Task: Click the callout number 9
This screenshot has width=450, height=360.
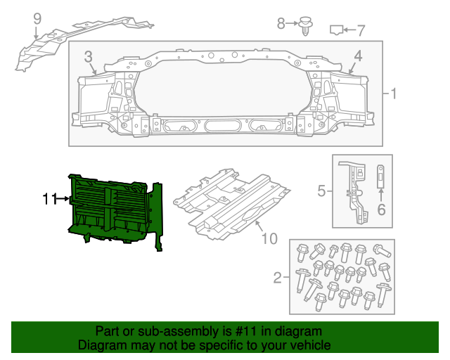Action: [37, 18]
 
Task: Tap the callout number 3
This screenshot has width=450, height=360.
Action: [89, 56]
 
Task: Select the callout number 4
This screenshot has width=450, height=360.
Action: [358, 56]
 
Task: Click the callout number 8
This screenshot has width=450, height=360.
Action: [281, 24]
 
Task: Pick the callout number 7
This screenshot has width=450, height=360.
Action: [361, 30]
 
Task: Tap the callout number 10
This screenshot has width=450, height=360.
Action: [269, 239]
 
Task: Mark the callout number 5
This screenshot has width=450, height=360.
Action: [321, 191]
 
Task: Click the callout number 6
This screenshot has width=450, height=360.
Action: [382, 209]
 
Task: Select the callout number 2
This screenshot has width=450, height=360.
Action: [278, 278]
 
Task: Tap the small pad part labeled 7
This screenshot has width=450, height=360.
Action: [337, 30]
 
